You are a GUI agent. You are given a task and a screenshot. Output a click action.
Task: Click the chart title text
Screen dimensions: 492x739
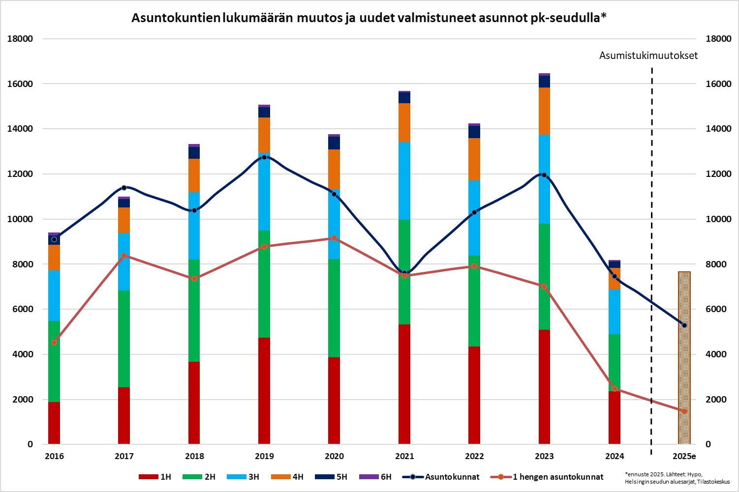pyautogui.click(x=369, y=18)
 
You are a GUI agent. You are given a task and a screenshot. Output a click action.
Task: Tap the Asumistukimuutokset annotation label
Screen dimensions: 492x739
pyautogui.click(x=648, y=56)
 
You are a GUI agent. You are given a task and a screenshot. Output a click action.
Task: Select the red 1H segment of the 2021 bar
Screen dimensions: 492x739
pyautogui.click(x=404, y=383)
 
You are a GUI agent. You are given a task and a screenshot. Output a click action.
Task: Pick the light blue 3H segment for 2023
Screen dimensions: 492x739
pyautogui.click(x=544, y=179)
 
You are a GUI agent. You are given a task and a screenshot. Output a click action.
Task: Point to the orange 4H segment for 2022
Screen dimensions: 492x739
pyautogui.click(x=474, y=159)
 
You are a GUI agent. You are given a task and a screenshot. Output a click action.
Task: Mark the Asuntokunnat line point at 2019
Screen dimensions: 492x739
pyautogui.click(x=264, y=157)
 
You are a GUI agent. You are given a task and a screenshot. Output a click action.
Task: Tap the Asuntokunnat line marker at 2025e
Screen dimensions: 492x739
pyautogui.click(x=684, y=325)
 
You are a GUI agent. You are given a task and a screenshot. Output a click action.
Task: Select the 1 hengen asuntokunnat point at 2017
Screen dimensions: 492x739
pyautogui.click(x=124, y=256)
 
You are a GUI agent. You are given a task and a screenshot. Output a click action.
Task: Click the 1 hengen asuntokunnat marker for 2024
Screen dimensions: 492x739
pyautogui.click(x=615, y=389)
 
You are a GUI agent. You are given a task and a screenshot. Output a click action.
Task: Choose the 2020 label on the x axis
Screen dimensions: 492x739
pyautogui.click(x=335, y=456)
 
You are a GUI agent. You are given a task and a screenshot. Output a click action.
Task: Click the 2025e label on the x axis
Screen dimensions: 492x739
pyautogui.click(x=684, y=456)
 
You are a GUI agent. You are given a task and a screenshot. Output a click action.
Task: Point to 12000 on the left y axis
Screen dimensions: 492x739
pyautogui.click(x=20, y=174)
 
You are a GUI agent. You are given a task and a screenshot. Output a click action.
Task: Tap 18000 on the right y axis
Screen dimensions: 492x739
pyautogui.click(x=718, y=39)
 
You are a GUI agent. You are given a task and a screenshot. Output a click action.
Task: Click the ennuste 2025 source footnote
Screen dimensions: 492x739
pyautogui.click(x=677, y=478)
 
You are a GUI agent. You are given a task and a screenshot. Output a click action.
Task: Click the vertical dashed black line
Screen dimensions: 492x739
pyautogui.click(x=651, y=246)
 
